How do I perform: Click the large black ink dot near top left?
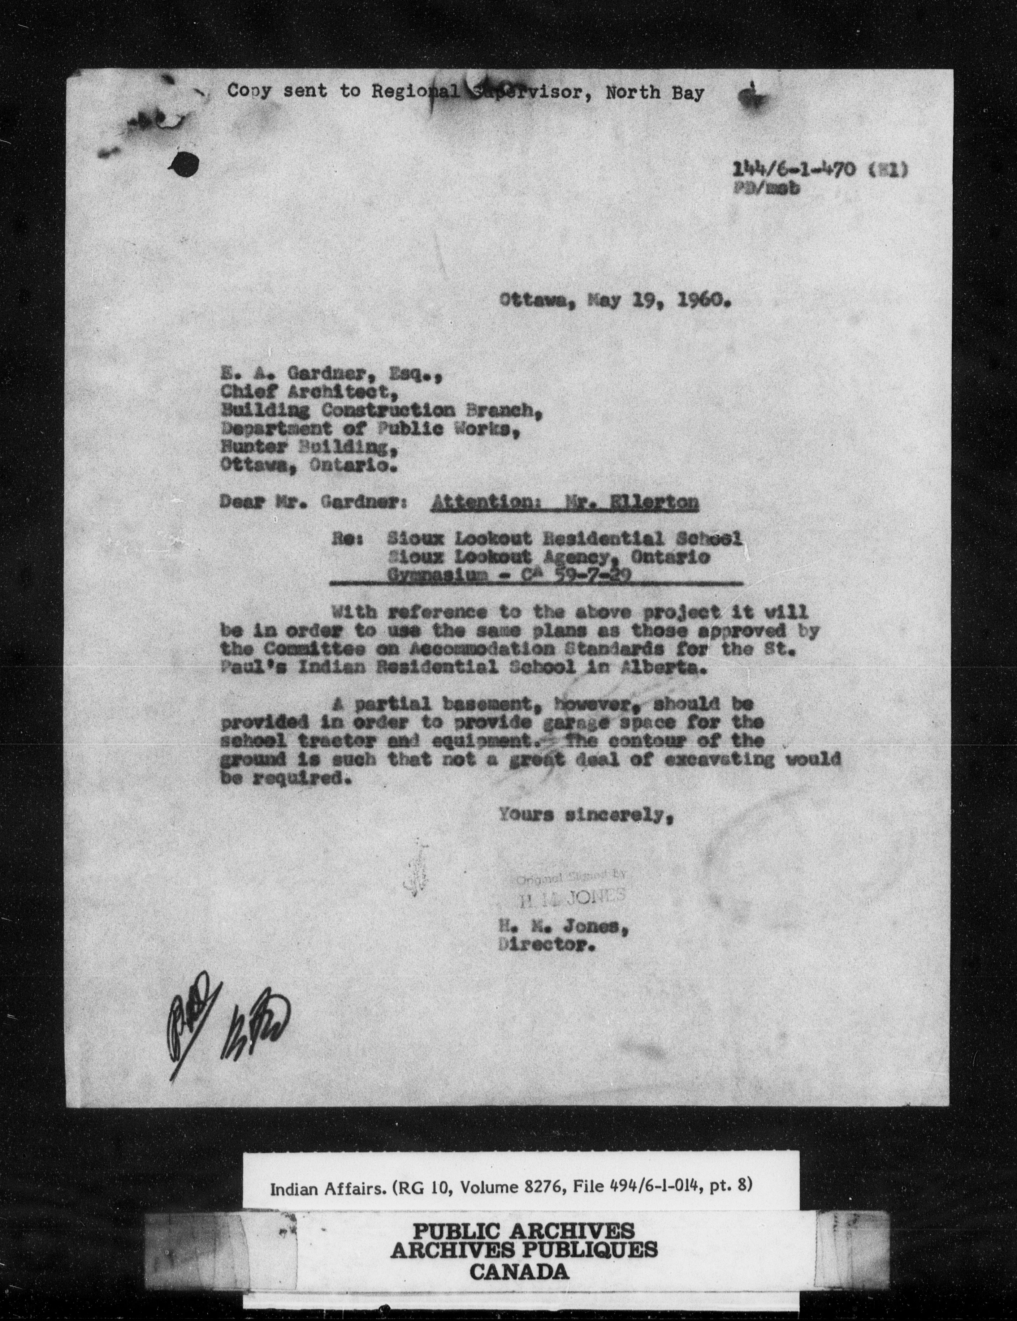tap(185, 164)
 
